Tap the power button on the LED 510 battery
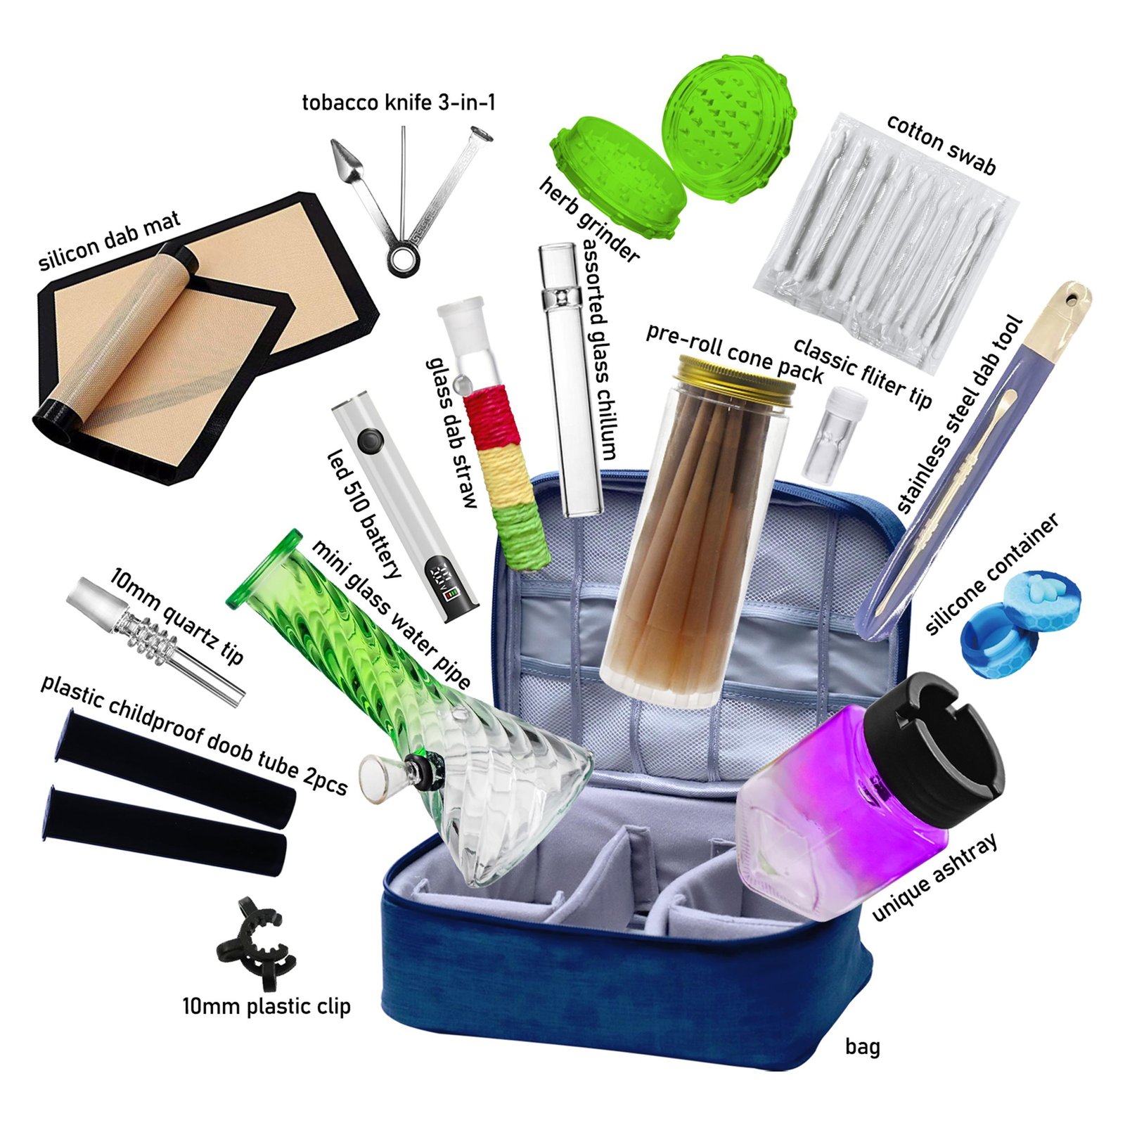[x=368, y=442]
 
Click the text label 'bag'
[x=862, y=1047]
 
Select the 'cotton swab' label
[x=941, y=144]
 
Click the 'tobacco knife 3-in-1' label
[x=399, y=103]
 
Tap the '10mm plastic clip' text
[x=266, y=1007]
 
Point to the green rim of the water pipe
[x=264, y=567]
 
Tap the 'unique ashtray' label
[x=934, y=877]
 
